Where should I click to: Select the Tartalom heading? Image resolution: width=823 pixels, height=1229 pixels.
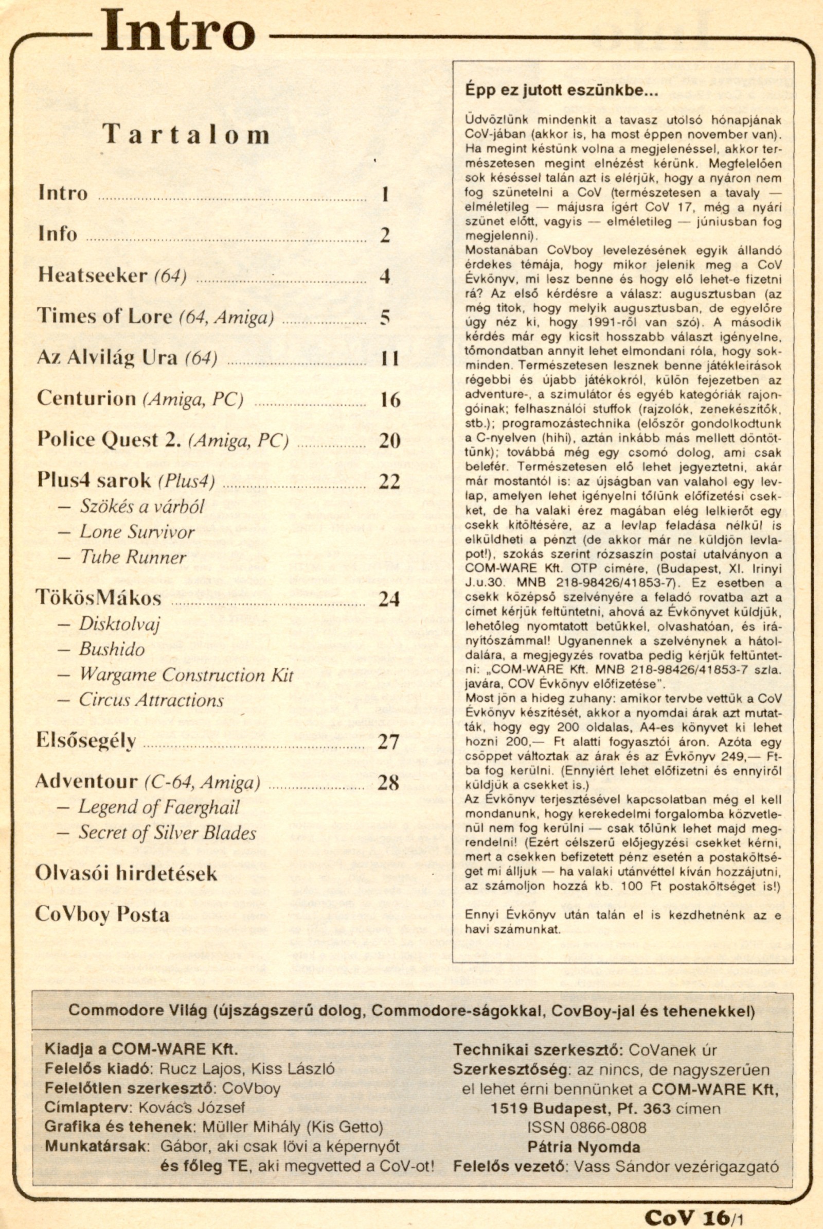coord(186,134)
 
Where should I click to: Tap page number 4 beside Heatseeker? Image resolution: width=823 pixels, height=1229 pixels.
coord(385,276)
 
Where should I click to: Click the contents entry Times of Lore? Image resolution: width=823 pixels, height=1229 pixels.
coord(104,316)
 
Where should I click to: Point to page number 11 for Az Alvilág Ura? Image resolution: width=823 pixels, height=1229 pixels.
coord(389,359)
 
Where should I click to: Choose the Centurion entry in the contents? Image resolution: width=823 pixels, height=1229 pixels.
coord(86,399)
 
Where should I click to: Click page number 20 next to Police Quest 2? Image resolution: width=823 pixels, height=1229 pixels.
coord(389,440)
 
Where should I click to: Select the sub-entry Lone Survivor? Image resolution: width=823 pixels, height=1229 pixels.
coord(137,531)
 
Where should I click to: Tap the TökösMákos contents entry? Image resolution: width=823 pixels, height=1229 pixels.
coord(99,598)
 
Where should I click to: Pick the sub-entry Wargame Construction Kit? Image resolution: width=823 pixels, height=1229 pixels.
coord(186,675)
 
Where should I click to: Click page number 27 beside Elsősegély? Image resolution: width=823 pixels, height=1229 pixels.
coord(388,741)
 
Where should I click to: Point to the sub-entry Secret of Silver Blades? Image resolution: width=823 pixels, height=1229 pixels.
coord(168,833)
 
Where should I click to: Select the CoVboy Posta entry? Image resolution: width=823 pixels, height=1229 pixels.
coord(102,914)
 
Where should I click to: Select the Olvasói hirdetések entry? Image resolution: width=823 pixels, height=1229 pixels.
coord(126,873)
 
